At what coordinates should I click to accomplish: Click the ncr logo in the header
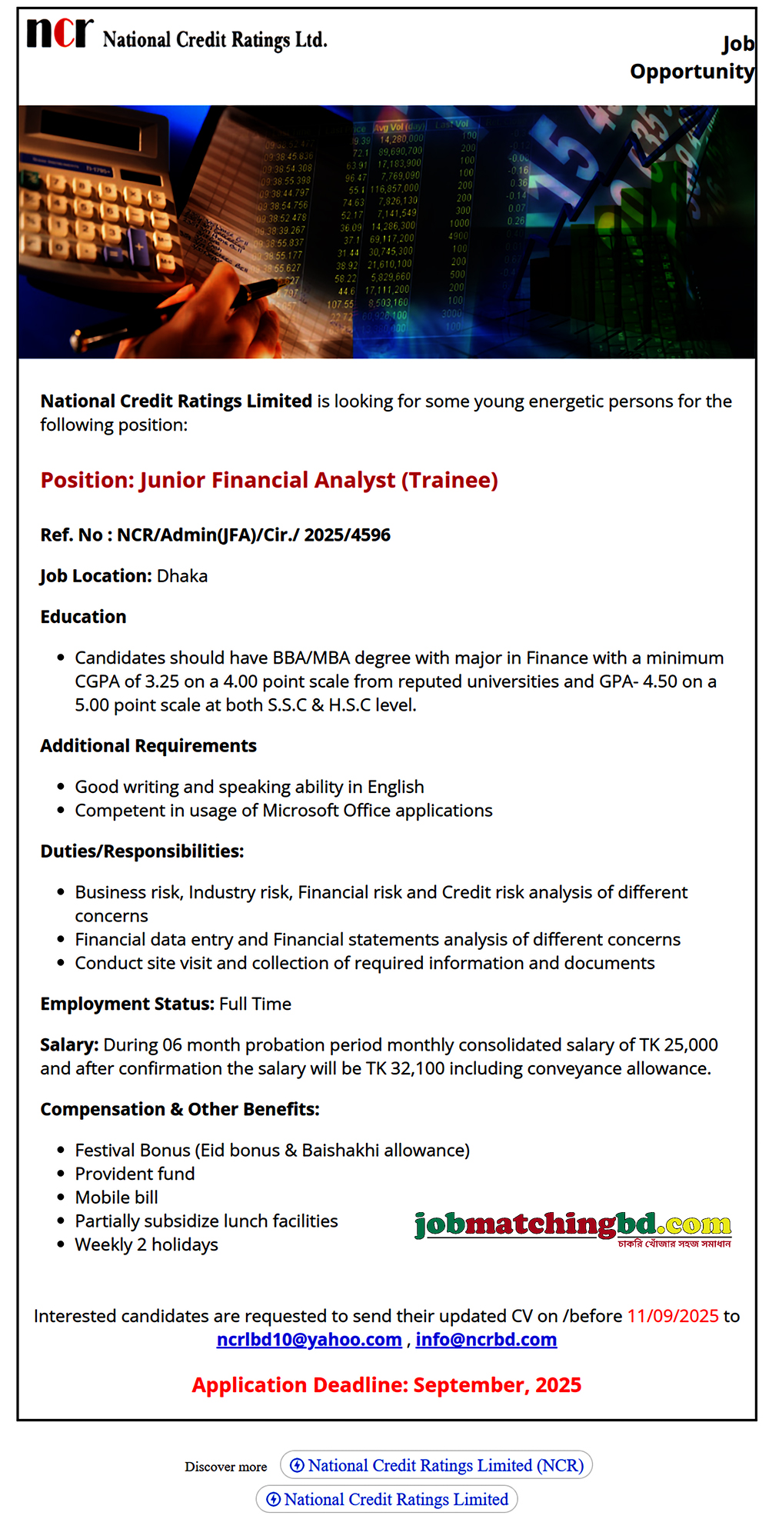pyautogui.click(x=60, y=34)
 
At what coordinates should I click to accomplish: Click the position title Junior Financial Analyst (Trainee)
pyautogui.click(x=269, y=480)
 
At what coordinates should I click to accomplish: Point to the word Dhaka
pyautogui.click(x=182, y=576)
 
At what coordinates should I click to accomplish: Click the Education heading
pyautogui.click(x=83, y=617)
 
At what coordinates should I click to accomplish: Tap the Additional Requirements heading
pyautogui.click(x=148, y=746)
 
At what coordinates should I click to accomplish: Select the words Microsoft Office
pyautogui.click(x=322, y=811)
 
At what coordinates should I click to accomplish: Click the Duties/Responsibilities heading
pyautogui.click(x=142, y=851)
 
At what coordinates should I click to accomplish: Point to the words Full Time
pyautogui.click(x=255, y=1004)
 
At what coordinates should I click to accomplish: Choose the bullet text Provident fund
pyautogui.click(x=135, y=1174)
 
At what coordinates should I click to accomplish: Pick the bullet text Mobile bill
pyautogui.click(x=116, y=1198)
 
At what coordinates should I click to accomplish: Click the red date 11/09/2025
pyautogui.click(x=673, y=1316)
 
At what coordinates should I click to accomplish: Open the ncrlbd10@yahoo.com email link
pyautogui.click(x=309, y=1340)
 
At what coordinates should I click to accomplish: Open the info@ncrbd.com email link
pyautogui.click(x=486, y=1340)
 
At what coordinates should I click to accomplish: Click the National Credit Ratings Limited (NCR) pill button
pyautogui.click(x=437, y=1465)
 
